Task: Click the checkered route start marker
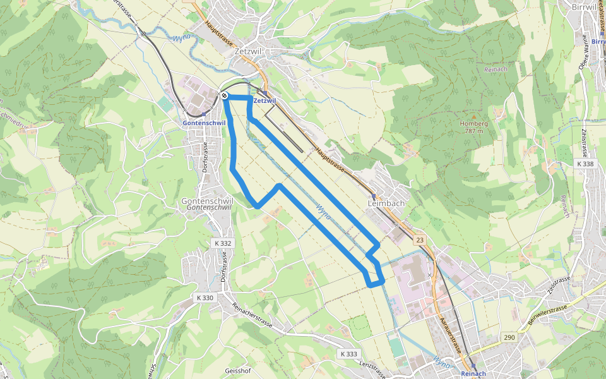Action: (224, 96)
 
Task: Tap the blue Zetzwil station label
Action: (264, 101)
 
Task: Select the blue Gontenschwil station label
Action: (204, 123)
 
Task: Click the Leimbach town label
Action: (386, 203)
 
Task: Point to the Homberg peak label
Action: (474, 123)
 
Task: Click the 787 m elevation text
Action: (474, 131)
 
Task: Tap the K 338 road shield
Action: (585, 164)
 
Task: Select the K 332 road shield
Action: (223, 243)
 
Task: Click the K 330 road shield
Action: (205, 297)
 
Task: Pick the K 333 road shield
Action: (348, 354)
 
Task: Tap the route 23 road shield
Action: (420, 240)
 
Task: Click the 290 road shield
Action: (509, 337)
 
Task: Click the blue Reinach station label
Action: (473, 374)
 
